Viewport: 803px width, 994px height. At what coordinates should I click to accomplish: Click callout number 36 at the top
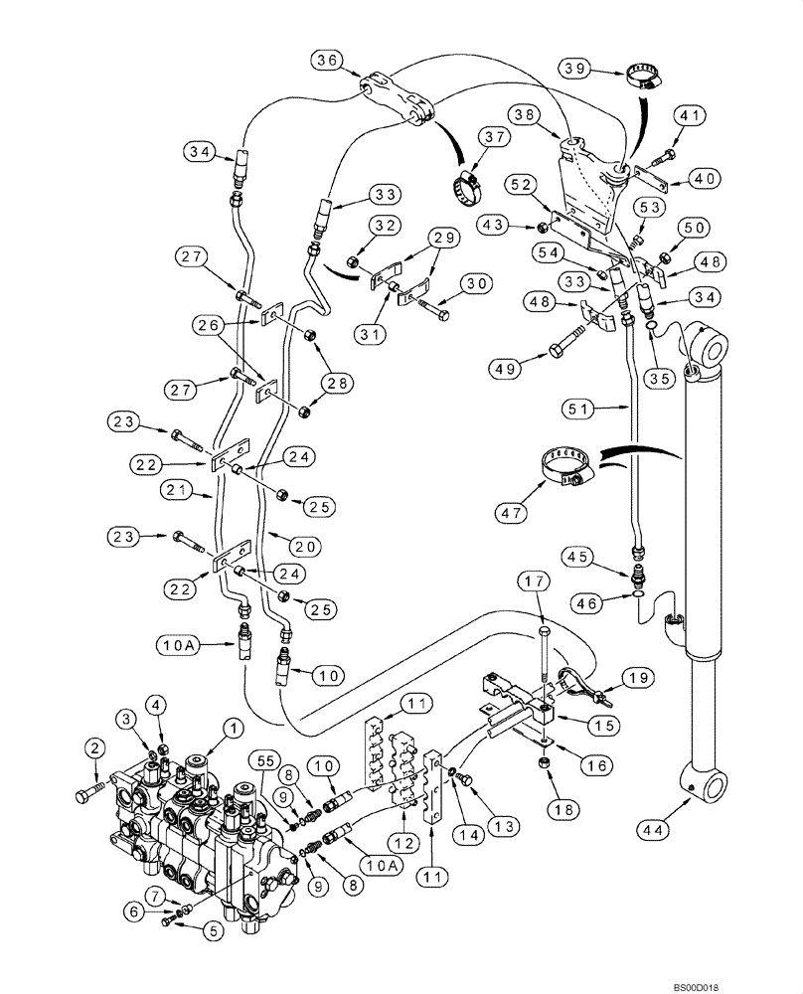click(x=327, y=61)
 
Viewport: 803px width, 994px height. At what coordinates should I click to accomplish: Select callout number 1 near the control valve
click(x=232, y=730)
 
